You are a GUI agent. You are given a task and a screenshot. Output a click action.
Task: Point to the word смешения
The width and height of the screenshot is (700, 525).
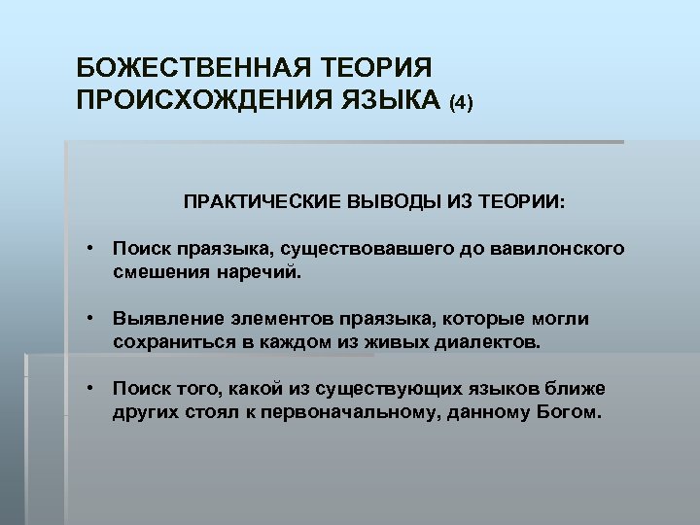157,273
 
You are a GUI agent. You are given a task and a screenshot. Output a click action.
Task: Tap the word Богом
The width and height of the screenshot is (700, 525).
569,412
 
